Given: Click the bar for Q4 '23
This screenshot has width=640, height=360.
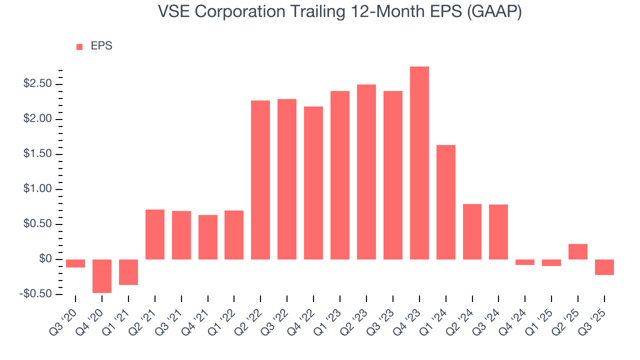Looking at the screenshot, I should tap(419, 163).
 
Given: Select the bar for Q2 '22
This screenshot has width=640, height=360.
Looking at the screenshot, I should tap(260, 180).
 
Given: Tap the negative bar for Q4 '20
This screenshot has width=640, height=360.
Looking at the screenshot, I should tap(102, 276).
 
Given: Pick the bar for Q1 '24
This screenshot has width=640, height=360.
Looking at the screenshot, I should tap(446, 202).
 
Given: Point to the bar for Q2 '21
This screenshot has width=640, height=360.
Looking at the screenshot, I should tap(155, 234).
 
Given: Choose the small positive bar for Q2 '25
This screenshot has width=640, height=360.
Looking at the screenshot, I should tap(578, 251).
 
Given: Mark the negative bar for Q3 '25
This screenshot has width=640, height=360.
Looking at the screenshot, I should tap(604, 267).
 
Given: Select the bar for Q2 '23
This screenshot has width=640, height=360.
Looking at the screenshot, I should tap(366, 172).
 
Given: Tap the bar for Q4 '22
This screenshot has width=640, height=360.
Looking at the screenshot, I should tap(313, 183).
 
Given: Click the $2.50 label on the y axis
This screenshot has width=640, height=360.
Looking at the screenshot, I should tap(38, 84).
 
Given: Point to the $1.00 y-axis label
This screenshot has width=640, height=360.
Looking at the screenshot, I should tap(38, 189).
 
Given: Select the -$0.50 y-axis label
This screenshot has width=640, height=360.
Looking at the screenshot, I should tap(36, 294).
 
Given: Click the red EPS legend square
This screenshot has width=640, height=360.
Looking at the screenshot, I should tap(79, 47).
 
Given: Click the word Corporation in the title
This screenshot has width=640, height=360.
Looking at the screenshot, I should tap(237, 12).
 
